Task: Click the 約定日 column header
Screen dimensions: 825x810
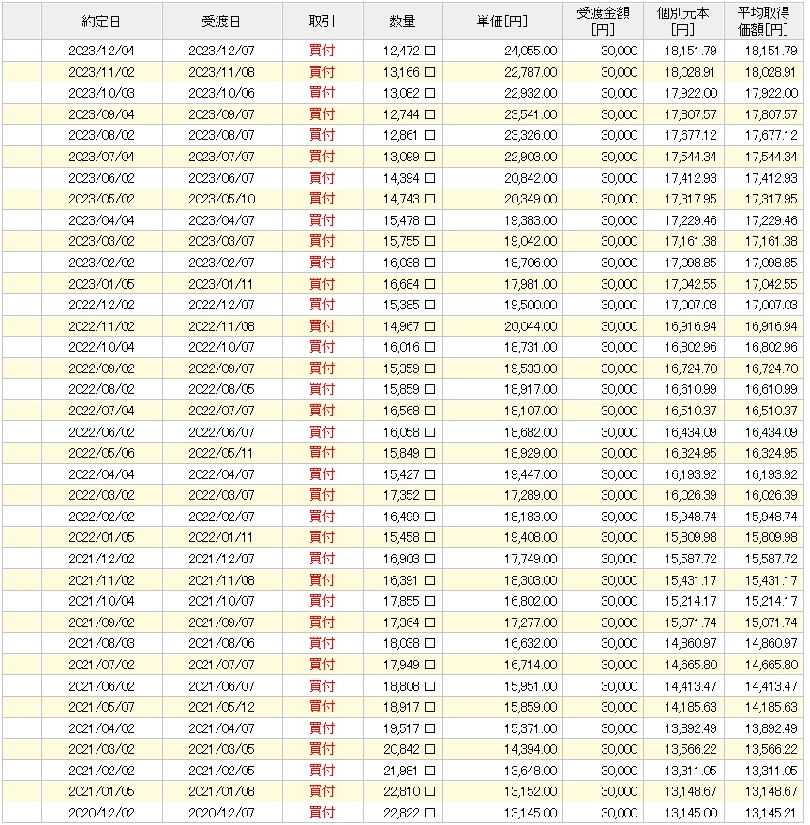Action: tap(101, 21)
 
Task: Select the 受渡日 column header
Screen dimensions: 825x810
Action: tap(221, 21)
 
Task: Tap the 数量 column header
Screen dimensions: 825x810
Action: tap(403, 21)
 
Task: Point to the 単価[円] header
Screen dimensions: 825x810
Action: tap(503, 21)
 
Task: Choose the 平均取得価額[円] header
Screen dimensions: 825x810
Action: tap(764, 21)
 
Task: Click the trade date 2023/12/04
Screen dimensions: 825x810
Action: tap(101, 51)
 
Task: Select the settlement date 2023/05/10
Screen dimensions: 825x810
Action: tap(221, 199)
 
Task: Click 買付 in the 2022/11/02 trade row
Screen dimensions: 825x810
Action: tap(322, 326)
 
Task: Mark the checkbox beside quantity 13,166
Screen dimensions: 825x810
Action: tap(430, 72)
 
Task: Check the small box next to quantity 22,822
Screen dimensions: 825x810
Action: tap(430, 812)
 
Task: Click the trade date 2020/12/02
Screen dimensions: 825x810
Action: tap(101, 812)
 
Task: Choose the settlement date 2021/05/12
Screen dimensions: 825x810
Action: tap(221, 707)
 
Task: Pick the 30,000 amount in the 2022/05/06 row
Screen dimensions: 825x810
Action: tap(619, 453)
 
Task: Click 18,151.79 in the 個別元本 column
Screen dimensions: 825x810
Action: tap(690, 51)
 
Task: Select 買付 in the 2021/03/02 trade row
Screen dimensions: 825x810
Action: tap(322, 749)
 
